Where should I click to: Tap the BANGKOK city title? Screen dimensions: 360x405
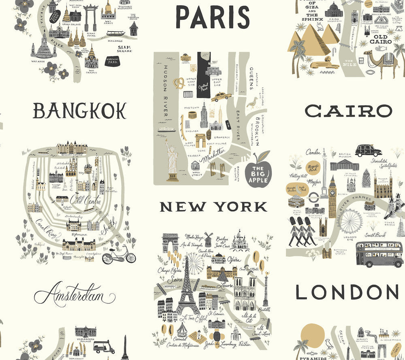tap(79, 111)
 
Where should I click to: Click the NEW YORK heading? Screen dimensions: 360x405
tap(213, 207)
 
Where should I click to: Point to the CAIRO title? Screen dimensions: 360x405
tap(348, 111)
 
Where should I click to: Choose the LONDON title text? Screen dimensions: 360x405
tap(347, 292)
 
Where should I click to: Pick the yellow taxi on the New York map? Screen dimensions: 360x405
tap(221, 96)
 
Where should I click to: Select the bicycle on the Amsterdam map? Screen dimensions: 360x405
tap(119, 254)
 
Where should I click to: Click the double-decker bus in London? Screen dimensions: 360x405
tap(379, 254)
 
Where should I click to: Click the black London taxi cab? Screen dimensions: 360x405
tap(368, 151)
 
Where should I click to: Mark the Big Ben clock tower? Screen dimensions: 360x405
tap(333, 196)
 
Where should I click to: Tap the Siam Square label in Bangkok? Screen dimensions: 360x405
tap(124, 49)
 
